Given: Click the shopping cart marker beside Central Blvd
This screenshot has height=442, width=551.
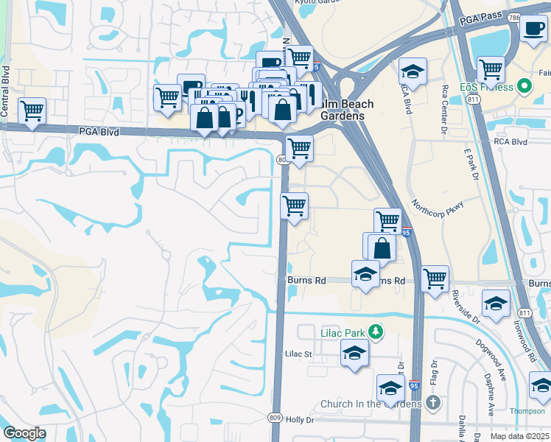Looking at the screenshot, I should (x=32, y=111).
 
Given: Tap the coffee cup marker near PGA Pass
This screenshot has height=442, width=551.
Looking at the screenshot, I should (x=533, y=29).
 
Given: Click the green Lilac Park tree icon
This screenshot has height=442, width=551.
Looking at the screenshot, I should (x=376, y=332).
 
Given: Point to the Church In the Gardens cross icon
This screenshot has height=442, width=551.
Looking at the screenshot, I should (x=433, y=403).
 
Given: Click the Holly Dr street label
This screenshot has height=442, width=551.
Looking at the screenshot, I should (x=300, y=420).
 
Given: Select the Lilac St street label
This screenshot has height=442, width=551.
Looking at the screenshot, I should (x=299, y=354).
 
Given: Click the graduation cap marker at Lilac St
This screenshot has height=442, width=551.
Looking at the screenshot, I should (x=354, y=353).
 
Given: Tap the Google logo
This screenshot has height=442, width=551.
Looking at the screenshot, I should (x=24, y=433).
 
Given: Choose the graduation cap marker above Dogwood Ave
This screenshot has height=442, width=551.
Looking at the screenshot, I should (x=496, y=303).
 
